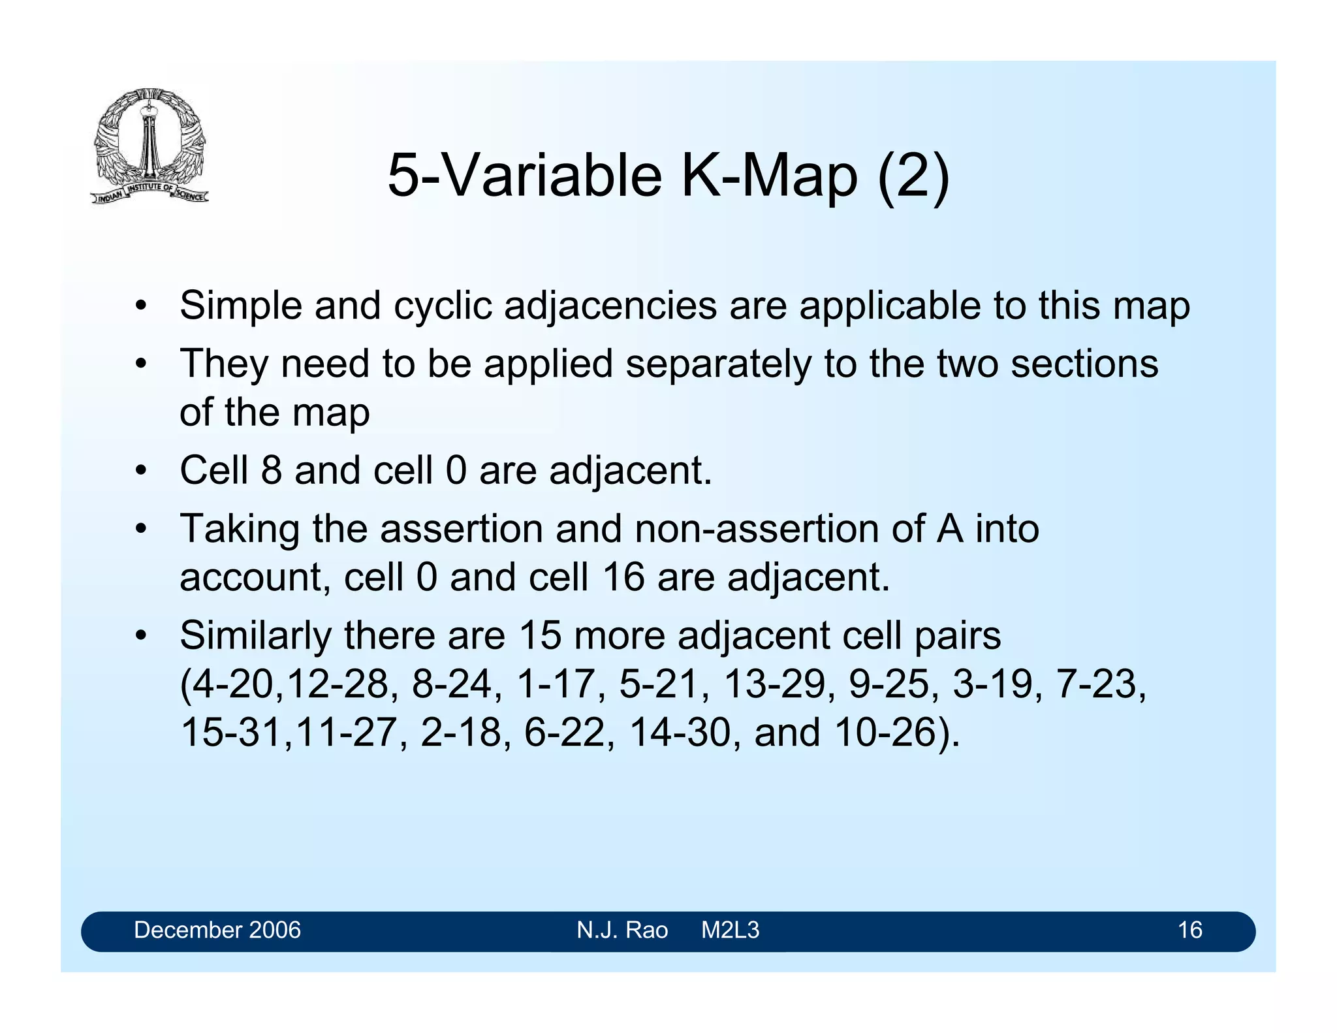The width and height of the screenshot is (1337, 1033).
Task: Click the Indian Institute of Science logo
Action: point(149,146)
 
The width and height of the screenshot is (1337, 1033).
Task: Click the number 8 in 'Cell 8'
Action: point(271,470)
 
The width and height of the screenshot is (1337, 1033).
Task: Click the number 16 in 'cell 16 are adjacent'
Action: point(623,577)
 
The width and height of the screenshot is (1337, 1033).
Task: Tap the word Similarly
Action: point(255,635)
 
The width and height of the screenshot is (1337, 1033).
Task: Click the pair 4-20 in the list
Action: point(231,684)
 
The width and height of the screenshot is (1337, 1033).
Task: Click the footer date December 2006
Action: point(217,930)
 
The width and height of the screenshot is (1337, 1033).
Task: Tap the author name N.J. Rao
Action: point(621,930)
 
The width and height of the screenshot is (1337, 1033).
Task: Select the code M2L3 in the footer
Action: point(730,930)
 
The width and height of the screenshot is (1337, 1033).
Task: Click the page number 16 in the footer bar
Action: point(1189,930)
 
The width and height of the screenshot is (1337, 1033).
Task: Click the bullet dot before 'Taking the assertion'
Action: point(140,529)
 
